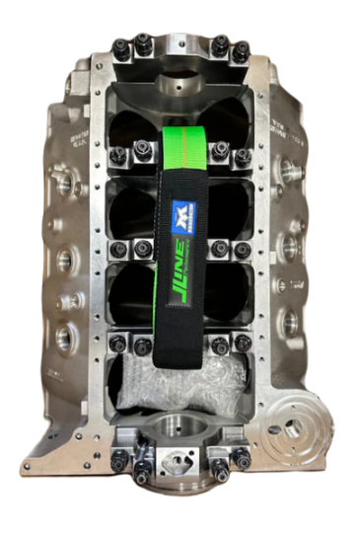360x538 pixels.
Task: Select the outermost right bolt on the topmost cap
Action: click(241, 49)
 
